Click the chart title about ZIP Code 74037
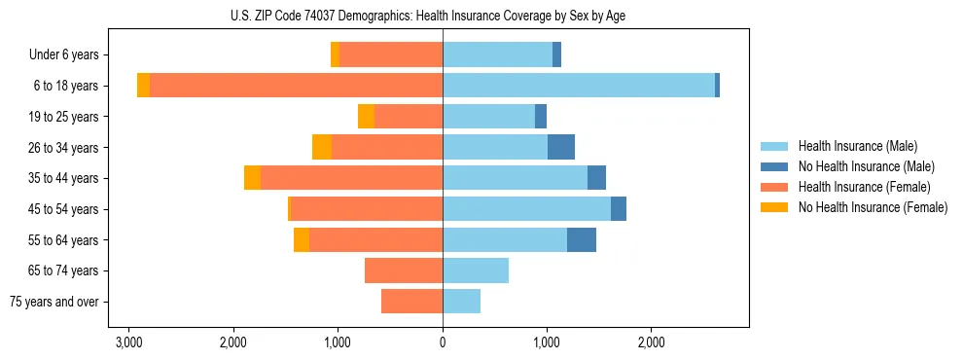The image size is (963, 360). (443, 15)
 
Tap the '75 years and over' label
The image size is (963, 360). (55, 302)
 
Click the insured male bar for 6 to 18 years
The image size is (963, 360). (579, 86)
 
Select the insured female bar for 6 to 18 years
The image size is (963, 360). (296, 86)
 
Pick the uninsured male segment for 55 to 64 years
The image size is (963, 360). (582, 239)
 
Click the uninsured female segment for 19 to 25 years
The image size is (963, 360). (366, 117)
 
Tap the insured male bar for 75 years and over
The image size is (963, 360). (461, 302)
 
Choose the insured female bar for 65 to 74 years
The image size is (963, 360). (404, 270)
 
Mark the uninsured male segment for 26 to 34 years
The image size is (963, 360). (561, 147)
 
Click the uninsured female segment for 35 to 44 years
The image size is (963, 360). (252, 178)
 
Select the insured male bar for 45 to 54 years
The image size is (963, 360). (526, 209)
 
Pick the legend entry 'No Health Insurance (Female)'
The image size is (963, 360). (873, 207)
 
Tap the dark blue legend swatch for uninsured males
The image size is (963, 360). (776, 166)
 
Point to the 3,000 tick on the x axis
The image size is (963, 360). (128, 342)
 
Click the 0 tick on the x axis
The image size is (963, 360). (443, 342)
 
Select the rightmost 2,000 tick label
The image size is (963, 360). (651, 342)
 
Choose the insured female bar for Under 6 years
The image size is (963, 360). (391, 55)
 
